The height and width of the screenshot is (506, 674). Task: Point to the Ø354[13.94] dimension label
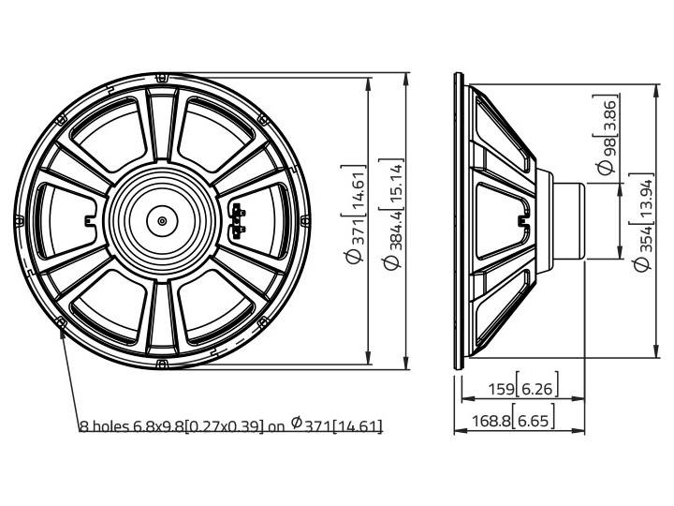coord(642,222)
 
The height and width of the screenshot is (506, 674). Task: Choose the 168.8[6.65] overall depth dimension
coord(518,422)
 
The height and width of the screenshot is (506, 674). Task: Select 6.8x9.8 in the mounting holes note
coord(164,426)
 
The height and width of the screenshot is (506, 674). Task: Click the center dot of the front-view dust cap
coord(162,221)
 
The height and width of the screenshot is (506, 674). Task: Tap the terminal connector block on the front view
coord(238,218)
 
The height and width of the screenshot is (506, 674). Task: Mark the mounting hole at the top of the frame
coord(163,76)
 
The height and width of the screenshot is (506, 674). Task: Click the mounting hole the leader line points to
coord(62,323)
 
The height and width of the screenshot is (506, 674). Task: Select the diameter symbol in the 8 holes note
coord(296,424)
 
